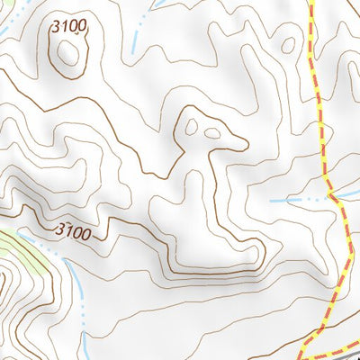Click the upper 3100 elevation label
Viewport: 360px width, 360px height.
(71, 26)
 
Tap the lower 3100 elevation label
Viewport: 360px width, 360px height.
(73, 231)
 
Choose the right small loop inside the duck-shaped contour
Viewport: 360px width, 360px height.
(212, 134)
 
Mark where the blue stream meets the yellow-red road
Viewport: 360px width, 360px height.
(330, 193)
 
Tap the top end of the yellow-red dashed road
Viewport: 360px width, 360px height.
(312, 3)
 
